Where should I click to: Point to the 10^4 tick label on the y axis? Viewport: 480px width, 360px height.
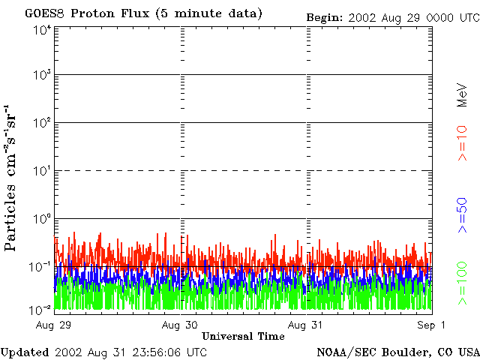(42, 29)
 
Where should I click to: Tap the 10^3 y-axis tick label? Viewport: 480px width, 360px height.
(42, 76)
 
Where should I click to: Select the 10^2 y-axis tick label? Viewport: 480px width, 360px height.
(42, 123)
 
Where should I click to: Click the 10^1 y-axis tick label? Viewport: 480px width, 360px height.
(42, 171)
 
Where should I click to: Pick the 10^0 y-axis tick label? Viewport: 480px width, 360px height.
(42, 219)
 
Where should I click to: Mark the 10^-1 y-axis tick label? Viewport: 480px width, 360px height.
(42, 266)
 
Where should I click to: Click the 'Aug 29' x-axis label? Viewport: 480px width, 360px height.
(55, 325)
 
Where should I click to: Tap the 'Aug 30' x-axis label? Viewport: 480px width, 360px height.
(180, 325)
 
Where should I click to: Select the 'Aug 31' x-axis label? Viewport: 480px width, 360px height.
(306, 325)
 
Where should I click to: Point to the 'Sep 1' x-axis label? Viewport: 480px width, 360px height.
(432, 325)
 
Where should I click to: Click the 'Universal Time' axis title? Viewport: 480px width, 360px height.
(244, 337)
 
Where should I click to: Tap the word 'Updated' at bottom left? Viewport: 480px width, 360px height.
(24, 352)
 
